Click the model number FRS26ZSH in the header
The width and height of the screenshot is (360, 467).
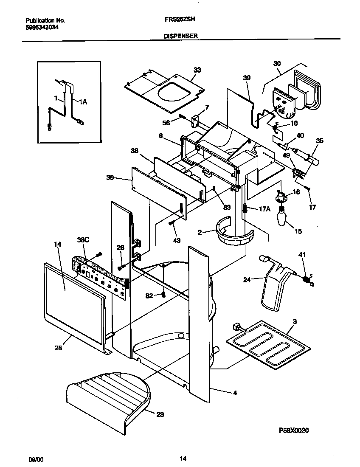pyautogui.click(x=177, y=20)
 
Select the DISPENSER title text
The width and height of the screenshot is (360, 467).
pyautogui.click(x=180, y=37)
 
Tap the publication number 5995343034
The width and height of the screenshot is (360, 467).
pyautogui.click(x=42, y=27)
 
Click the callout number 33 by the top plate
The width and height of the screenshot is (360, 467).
pyautogui.click(x=197, y=70)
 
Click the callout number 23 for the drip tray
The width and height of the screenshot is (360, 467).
pyautogui.click(x=160, y=415)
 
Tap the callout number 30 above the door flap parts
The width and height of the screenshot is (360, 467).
pyautogui.click(x=277, y=63)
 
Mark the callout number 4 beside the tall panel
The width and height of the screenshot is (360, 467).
pyautogui.click(x=235, y=393)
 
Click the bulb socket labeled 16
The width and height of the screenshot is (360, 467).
pyautogui.click(x=281, y=196)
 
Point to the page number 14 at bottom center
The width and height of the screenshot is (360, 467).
pyautogui.click(x=183, y=459)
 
